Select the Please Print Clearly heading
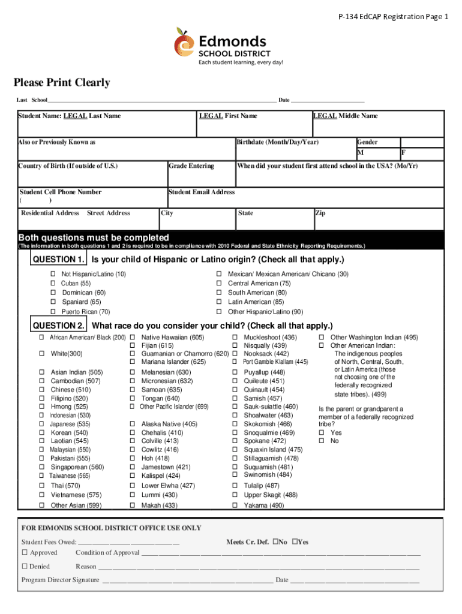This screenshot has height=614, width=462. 62,83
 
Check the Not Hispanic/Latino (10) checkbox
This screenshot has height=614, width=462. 53,274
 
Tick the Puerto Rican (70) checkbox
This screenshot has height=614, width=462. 53,312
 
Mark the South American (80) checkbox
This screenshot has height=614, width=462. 220,293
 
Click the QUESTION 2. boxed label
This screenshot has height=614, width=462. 58,326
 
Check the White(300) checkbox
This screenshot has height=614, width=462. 42,353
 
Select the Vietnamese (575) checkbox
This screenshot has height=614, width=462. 42,495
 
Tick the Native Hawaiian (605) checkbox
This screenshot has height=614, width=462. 132,338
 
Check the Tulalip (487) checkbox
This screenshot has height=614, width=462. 235,486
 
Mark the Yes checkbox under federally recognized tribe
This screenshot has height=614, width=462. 322,432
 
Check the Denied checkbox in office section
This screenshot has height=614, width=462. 25,566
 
